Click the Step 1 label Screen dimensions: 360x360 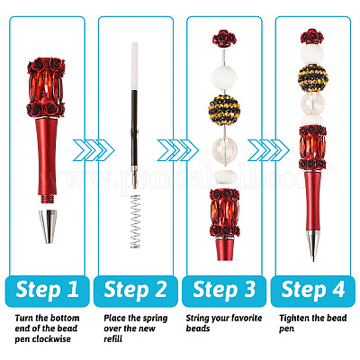[x=47, y=290]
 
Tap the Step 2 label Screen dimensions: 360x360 [x=136, y=290]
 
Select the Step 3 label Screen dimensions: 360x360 [x=224, y=290]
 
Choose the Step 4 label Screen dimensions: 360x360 [x=313, y=290]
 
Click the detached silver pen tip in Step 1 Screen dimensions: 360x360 [x=48, y=227]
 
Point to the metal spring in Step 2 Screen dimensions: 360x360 [x=135, y=221]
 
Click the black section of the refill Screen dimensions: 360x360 [x=134, y=128]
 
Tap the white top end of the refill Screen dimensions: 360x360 [x=135, y=66]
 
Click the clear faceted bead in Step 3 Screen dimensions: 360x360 [x=225, y=150]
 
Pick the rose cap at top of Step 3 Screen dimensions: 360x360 [x=224, y=39]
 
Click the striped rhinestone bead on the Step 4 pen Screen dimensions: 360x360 [x=312, y=78]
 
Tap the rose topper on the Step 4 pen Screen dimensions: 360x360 [x=312, y=37]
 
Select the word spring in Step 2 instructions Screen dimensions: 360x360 [x=153, y=318]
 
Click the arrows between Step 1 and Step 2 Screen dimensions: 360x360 [x=94, y=150]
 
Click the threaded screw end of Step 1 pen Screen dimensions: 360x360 [x=48, y=200]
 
